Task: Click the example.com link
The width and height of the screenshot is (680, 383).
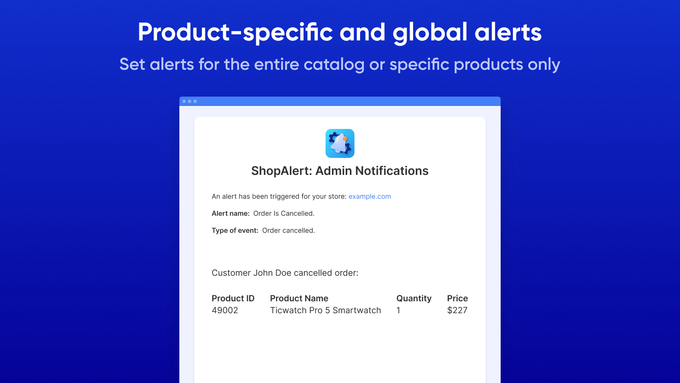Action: pyautogui.click(x=369, y=196)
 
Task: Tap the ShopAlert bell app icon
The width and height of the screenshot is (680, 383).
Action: pyautogui.click(x=340, y=143)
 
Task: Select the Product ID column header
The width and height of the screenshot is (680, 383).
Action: pyautogui.click(x=233, y=298)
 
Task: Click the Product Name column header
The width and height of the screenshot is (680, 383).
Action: pyautogui.click(x=299, y=298)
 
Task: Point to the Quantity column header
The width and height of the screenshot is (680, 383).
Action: pyautogui.click(x=414, y=298)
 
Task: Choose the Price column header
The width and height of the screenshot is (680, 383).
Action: pyautogui.click(x=457, y=298)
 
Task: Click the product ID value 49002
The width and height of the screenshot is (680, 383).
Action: pyautogui.click(x=225, y=310)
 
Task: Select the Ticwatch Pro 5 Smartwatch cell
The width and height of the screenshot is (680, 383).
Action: pyautogui.click(x=326, y=310)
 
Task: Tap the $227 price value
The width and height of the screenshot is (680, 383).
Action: pyautogui.click(x=457, y=310)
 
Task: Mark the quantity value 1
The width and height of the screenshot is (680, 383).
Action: pyautogui.click(x=398, y=310)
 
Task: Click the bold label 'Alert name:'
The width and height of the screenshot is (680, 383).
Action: pyautogui.click(x=230, y=213)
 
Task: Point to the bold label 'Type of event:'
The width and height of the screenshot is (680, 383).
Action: pyautogui.click(x=235, y=230)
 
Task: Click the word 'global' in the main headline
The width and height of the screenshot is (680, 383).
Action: pyautogui.click(x=430, y=33)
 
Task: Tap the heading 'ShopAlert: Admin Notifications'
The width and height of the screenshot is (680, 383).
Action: pyautogui.click(x=340, y=171)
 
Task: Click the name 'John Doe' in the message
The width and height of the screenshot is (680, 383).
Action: pyautogui.click(x=272, y=273)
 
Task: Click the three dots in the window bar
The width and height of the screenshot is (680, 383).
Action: pyautogui.click(x=190, y=101)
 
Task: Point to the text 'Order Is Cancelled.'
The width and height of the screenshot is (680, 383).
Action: pyautogui.click(x=283, y=213)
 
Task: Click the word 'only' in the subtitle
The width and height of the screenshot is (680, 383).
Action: pyautogui.click(x=544, y=65)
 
